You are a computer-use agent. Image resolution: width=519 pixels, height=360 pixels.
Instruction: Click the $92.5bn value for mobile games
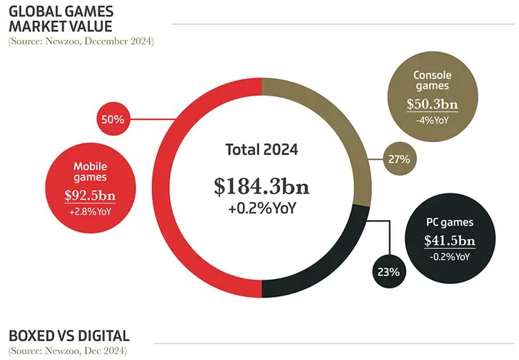point(90,196)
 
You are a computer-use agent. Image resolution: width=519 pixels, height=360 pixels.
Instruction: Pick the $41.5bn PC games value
point(450,241)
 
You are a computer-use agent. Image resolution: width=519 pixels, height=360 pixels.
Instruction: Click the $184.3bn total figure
point(261,187)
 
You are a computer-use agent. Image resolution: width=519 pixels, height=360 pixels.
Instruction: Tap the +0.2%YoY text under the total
point(261,209)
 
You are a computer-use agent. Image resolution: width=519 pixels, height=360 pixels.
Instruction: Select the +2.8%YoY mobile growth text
point(90,212)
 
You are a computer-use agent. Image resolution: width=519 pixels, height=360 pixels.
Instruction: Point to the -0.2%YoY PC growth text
point(450,257)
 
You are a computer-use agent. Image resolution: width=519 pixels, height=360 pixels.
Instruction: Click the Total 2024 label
point(261,151)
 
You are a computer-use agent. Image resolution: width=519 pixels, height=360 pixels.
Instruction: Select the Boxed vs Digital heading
point(69,336)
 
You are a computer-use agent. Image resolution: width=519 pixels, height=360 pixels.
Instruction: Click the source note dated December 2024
point(81,41)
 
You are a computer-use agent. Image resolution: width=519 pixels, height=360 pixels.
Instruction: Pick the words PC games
point(450,222)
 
